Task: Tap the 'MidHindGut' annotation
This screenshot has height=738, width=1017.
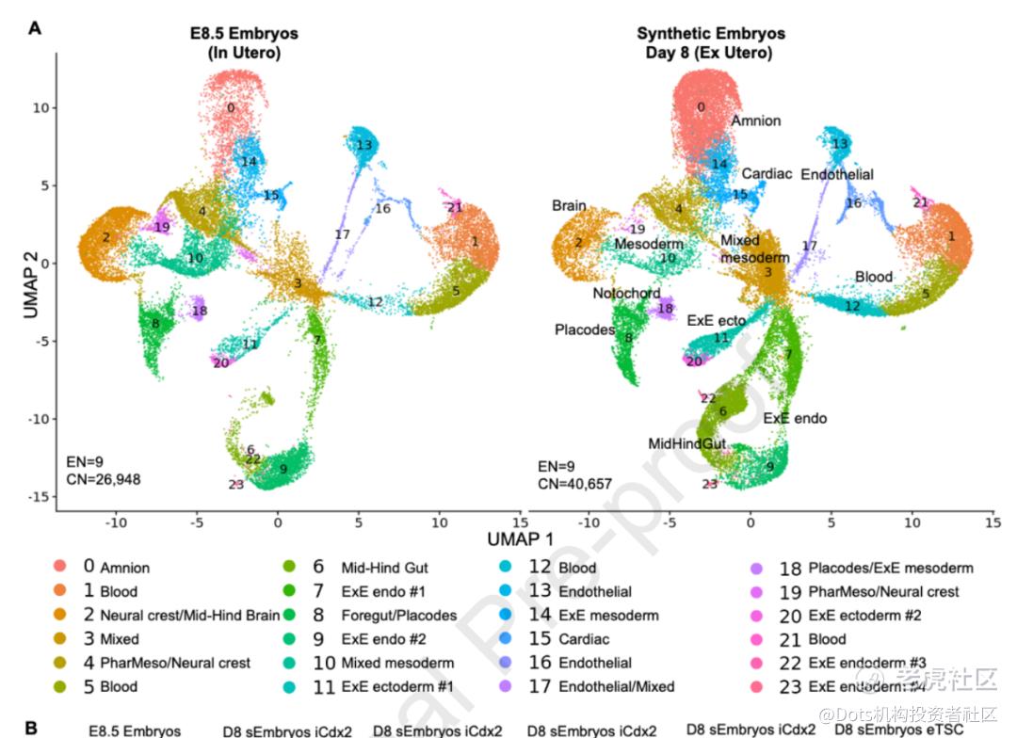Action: click(x=685, y=442)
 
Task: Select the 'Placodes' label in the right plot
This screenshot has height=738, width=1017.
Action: click(x=584, y=329)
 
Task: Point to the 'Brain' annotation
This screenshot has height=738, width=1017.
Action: click(x=569, y=205)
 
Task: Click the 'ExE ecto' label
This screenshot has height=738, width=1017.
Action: click(x=717, y=320)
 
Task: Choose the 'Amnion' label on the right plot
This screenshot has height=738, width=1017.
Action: click(x=755, y=120)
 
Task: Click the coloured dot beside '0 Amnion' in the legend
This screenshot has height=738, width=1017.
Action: click(x=59, y=567)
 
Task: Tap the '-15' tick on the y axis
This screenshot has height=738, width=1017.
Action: click(x=37, y=496)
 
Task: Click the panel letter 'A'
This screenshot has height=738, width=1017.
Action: click(x=35, y=27)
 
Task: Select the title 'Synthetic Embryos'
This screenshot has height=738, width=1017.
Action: click(x=710, y=34)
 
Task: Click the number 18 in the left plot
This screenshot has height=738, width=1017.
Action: click(x=199, y=312)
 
